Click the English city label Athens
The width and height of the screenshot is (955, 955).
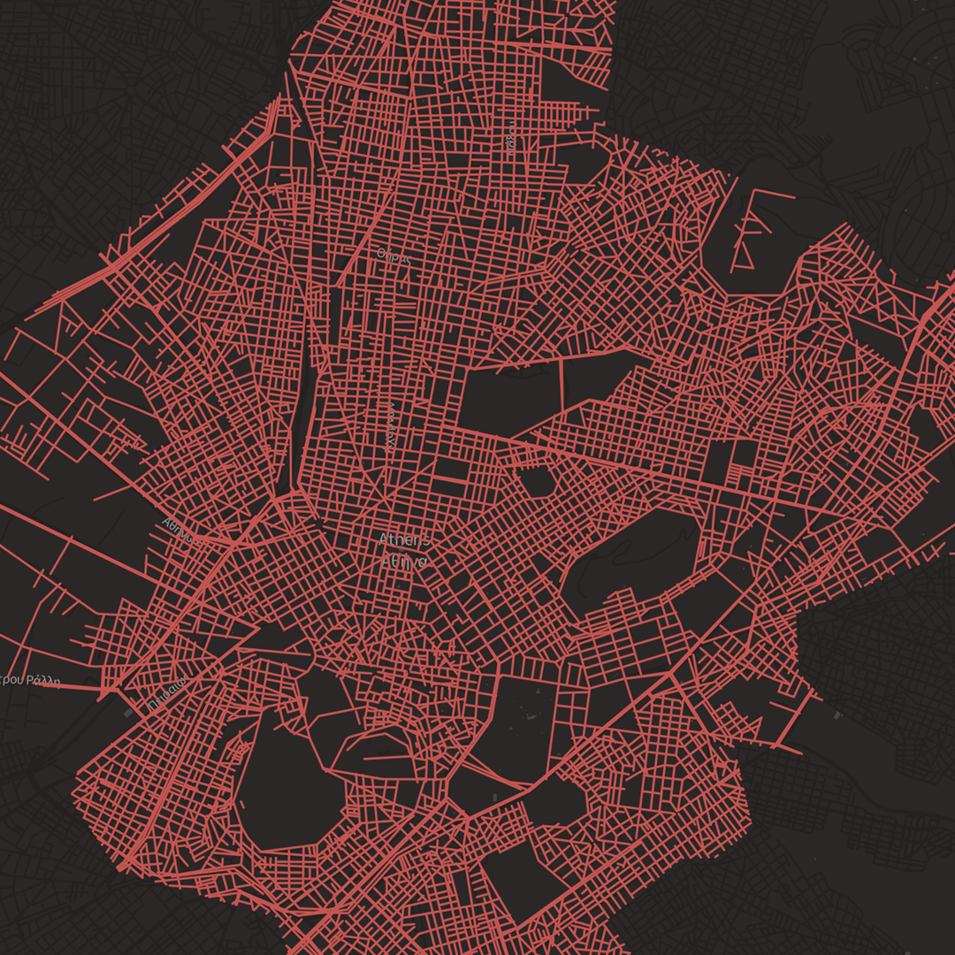click(x=405, y=539)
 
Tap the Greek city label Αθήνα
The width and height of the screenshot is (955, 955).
click(x=404, y=560)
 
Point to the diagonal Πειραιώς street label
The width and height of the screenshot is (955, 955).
click(x=167, y=694)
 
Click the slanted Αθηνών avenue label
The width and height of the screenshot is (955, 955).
click(x=176, y=528)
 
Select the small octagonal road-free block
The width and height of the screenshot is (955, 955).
click(x=539, y=482)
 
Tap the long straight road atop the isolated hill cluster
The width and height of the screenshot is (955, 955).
click(x=775, y=192)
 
